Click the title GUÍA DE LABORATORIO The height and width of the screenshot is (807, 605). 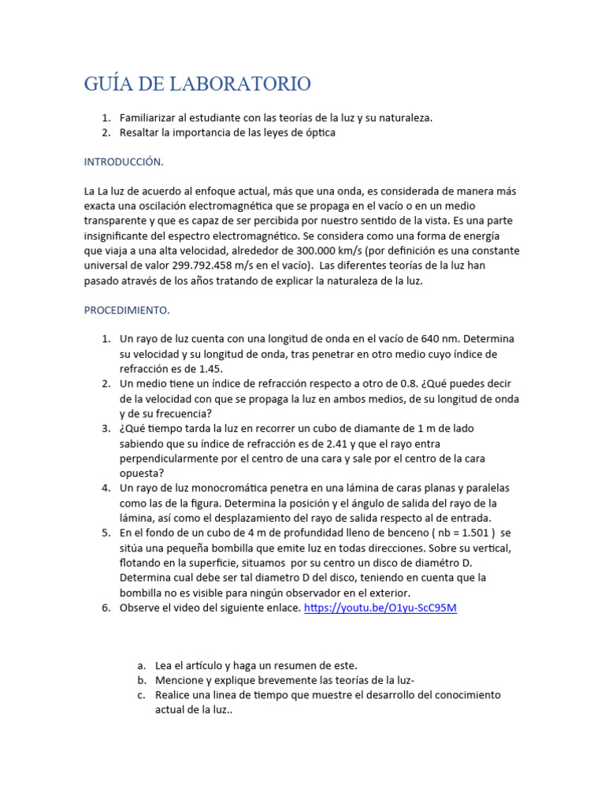197,84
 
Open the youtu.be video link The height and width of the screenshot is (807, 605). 380,608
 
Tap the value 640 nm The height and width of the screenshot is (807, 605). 427,338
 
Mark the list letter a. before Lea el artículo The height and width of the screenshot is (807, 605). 141,665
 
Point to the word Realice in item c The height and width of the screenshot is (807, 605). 173,695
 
